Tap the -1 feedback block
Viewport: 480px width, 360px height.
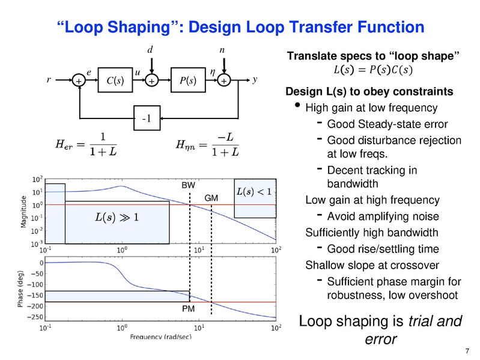[146, 118]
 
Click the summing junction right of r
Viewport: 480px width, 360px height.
[79, 81]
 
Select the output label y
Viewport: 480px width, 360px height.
[255, 79]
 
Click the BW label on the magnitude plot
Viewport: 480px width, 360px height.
[187, 186]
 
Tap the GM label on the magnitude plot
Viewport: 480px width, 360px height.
[211, 198]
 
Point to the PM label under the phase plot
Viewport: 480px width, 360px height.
[188, 308]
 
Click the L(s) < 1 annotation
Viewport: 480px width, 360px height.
[255, 192]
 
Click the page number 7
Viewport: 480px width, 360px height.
[467, 351]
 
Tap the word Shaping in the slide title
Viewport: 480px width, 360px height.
[126, 27]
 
